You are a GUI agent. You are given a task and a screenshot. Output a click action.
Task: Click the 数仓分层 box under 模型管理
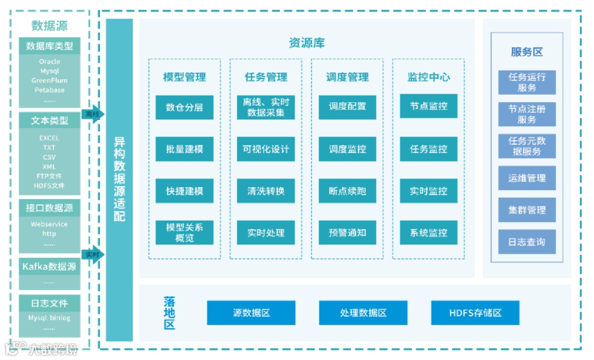[184, 107]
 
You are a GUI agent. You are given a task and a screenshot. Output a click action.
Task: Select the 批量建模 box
[184, 149]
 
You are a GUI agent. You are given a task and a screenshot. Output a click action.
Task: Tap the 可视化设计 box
[266, 149]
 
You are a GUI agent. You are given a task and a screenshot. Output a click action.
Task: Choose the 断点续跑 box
[347, 191]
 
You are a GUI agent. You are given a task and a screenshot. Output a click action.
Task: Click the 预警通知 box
[347, 233]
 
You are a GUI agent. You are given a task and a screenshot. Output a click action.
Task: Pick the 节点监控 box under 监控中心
[428, 107]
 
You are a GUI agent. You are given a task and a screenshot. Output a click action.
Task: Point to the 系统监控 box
[428, 233]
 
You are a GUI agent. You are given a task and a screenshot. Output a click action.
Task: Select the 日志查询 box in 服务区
[527, 242]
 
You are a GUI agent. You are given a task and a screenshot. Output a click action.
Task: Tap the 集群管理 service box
[527, 210]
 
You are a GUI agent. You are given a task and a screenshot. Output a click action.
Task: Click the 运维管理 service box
[527, 178]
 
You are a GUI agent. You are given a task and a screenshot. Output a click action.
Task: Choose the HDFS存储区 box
[475, 313]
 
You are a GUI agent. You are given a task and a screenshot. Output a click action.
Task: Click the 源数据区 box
[251, 313]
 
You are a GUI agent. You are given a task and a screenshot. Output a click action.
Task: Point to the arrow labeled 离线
[92, 114]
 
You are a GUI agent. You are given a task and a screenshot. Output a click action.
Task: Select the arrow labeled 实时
[92, 255]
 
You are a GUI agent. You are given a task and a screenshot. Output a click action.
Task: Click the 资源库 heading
[306, 43]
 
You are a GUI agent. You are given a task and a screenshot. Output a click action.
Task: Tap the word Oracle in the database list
[50, 62]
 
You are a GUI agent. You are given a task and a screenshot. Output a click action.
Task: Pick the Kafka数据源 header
[50, 267]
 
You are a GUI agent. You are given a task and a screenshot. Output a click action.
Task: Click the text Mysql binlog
[50, 318]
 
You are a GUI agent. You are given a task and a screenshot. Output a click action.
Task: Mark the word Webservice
[50, 224]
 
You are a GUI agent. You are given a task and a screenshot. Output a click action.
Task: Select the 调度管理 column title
[347, 77]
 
